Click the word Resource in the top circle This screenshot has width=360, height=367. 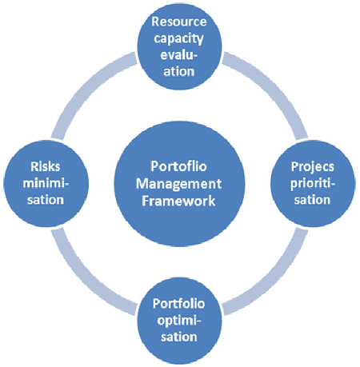pyautogui.click(x=179, y=22)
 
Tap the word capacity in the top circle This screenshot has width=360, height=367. pyautogui.click(x=179, y=39)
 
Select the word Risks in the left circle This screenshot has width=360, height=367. pyautogui.click(x=46, y=167)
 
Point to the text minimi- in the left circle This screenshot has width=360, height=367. pyautogui.click(x=46, y=183)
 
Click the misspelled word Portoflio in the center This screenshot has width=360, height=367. pyautogui.click(x=178, y=166)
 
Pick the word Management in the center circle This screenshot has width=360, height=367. pyautogui.click(x=178, y=184)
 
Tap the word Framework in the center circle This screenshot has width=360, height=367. pyautogui.click(x=178, y=201)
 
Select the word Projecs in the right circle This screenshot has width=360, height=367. pyautogui.click(x=313, y=167)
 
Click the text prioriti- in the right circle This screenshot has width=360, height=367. pyautogui.click(x=313, y=184)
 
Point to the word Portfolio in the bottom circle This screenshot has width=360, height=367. pyautogui.click(x=178, y=304)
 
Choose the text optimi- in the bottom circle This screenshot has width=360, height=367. pyautogui.click(x=179, y=321)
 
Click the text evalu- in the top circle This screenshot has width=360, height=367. pyautogui.click(x=179, y=55)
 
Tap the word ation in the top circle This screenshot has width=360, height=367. pyautogui.click(x=179, y=72)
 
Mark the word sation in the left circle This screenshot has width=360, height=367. pyautogui.click(x=46, y=200)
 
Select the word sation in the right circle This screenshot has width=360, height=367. pyautogui.click(x=312, y=200)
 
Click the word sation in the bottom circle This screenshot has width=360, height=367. pyautogui.click(x=179, y=337)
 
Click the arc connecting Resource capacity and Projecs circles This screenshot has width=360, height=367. pyautogui.click(x=272, y=88)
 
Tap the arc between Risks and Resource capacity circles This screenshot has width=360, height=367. pyautogui.click(x=86, y=88)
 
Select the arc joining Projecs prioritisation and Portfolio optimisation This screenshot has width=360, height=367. pyautogui.click(x=273, y=279)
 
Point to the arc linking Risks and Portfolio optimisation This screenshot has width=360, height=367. pyautogui.click(x=85, y=279)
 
